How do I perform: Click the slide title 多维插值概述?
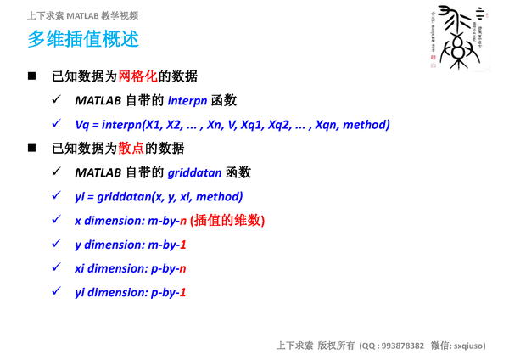82,39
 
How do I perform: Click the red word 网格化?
138,76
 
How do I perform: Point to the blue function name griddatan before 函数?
195,172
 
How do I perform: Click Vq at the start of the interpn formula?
82,124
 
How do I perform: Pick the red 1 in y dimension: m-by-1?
182,245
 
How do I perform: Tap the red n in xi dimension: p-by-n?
182,268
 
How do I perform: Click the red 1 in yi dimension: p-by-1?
182,292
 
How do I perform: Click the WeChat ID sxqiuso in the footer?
469,346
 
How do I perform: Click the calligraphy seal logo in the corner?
457,37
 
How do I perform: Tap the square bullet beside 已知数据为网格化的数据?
31,76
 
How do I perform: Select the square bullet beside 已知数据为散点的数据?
31,149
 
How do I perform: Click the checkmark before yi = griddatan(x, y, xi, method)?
56,196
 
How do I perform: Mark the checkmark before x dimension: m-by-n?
56,220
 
